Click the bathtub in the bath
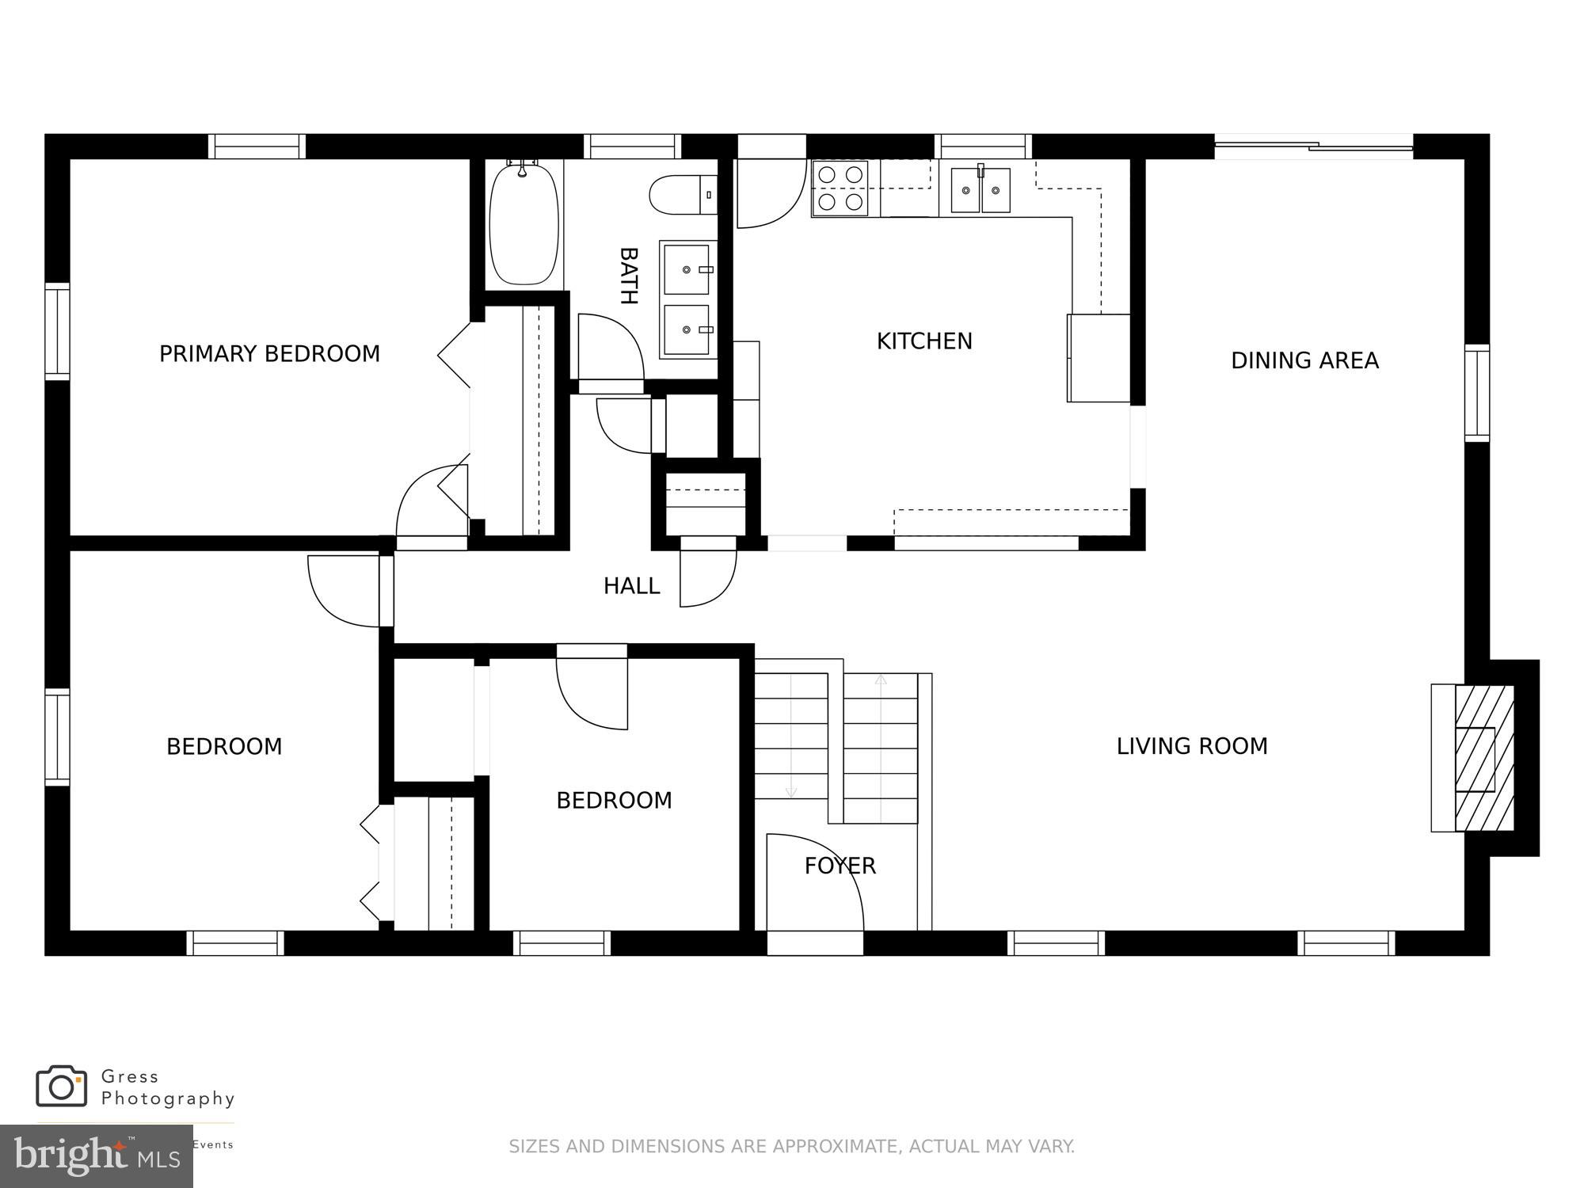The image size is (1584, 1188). click(x=524, y=223)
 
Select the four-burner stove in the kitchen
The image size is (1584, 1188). click(x=840, y=188)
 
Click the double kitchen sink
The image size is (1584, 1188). click(x=980, y=190)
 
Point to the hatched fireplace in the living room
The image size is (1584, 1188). click(x=1483, y=758)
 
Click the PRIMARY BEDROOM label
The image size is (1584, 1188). click(x=269, y=354)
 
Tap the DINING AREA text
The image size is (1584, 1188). click(x=1304, y=361)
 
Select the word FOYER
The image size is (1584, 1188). click(x=840, y=866)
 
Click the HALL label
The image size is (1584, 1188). click(x=631, y=586)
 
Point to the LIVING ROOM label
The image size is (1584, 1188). click(x=1191, y=746)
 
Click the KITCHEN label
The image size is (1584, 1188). click(x=923, y=341)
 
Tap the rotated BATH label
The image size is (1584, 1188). click(x=628, y=276)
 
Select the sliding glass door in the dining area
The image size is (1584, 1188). click(x=1313, y=146)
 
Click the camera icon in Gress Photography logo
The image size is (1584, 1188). click(x=61, y=1086)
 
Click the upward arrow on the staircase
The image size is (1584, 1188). click(x=881, y=680)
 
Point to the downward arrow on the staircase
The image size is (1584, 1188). click(x=790, y=792)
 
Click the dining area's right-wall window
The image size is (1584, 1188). click(x=1476, y=393)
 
